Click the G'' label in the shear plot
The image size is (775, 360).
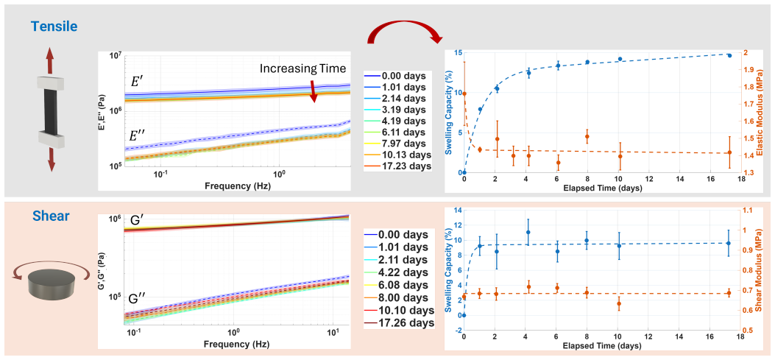pyautogui.click(x=138, y=298)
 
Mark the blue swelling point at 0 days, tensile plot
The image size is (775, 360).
pyautogui.click(x=464, y=172)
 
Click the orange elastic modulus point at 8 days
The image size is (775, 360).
pyautogui.click(x=587, y=136)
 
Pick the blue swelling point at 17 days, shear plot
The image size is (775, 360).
pyautogui.click(x=729, y=243)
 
